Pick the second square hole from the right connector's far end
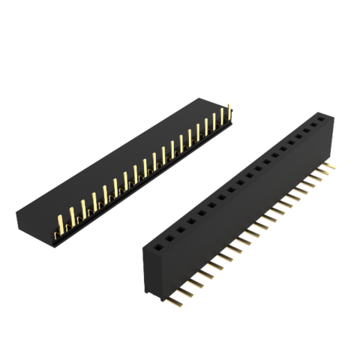(313, 124)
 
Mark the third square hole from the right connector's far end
(304, 131)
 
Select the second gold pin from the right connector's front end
(185, 292)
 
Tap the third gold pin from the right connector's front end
(195, 284)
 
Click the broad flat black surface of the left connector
(112, 157)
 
